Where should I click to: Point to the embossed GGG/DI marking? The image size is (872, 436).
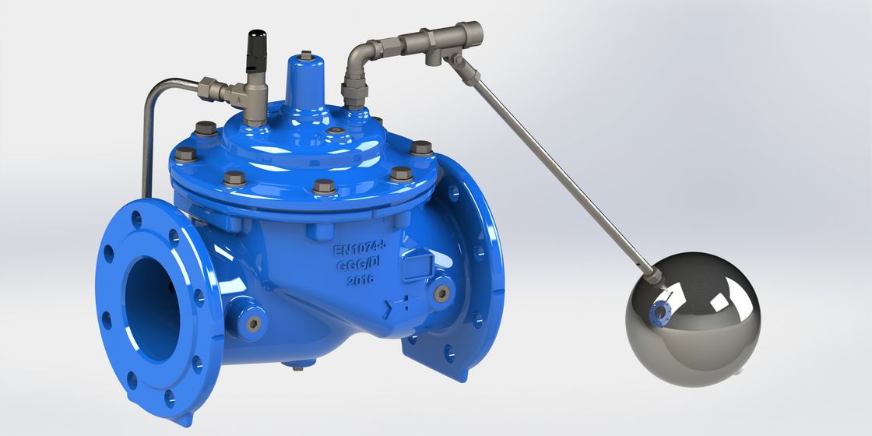click(x=359, y=265)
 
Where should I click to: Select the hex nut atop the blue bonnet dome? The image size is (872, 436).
click(x=305, y=56)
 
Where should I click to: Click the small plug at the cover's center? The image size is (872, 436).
click(x=334, y=132)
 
